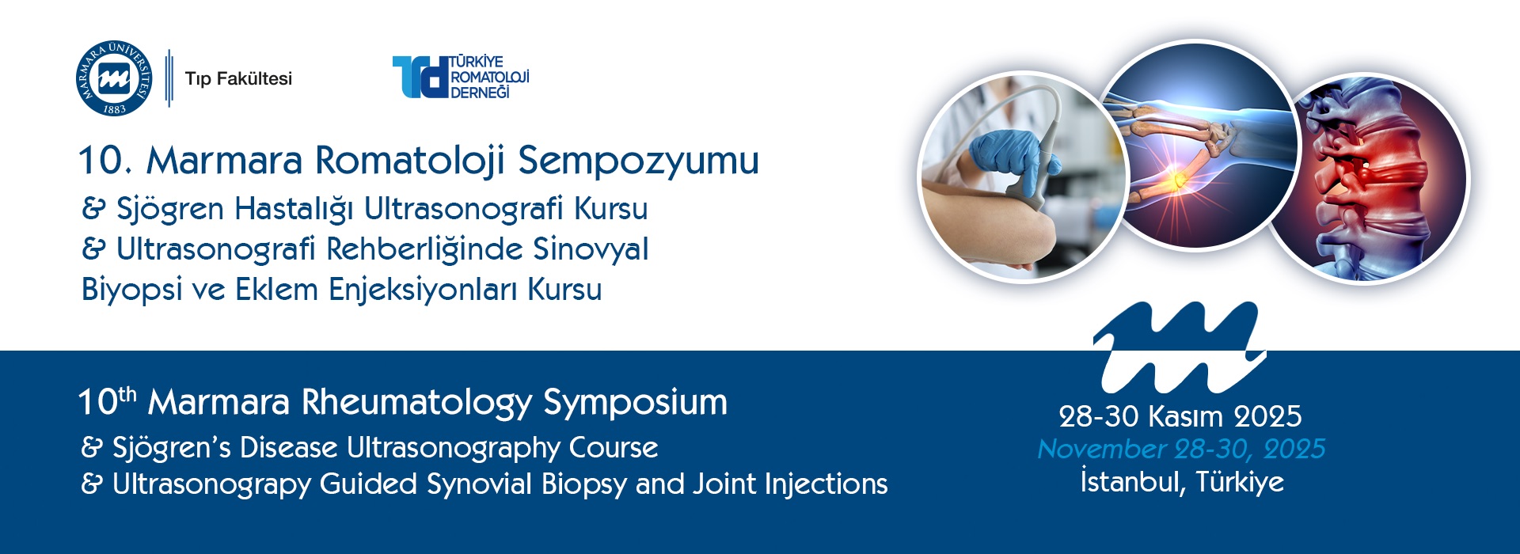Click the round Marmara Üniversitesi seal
[114, 78]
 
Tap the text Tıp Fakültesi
[238, 78]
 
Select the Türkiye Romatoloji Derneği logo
[461, 77]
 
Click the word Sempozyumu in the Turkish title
[638, 161]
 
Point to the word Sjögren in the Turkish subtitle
[170, 210]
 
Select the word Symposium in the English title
[635, 403]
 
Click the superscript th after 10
[127, 393]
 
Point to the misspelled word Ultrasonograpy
[211, 484]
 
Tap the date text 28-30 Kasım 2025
[1180, 416]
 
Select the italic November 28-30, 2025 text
[1181, 450]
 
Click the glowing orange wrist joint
[1176, 179]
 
